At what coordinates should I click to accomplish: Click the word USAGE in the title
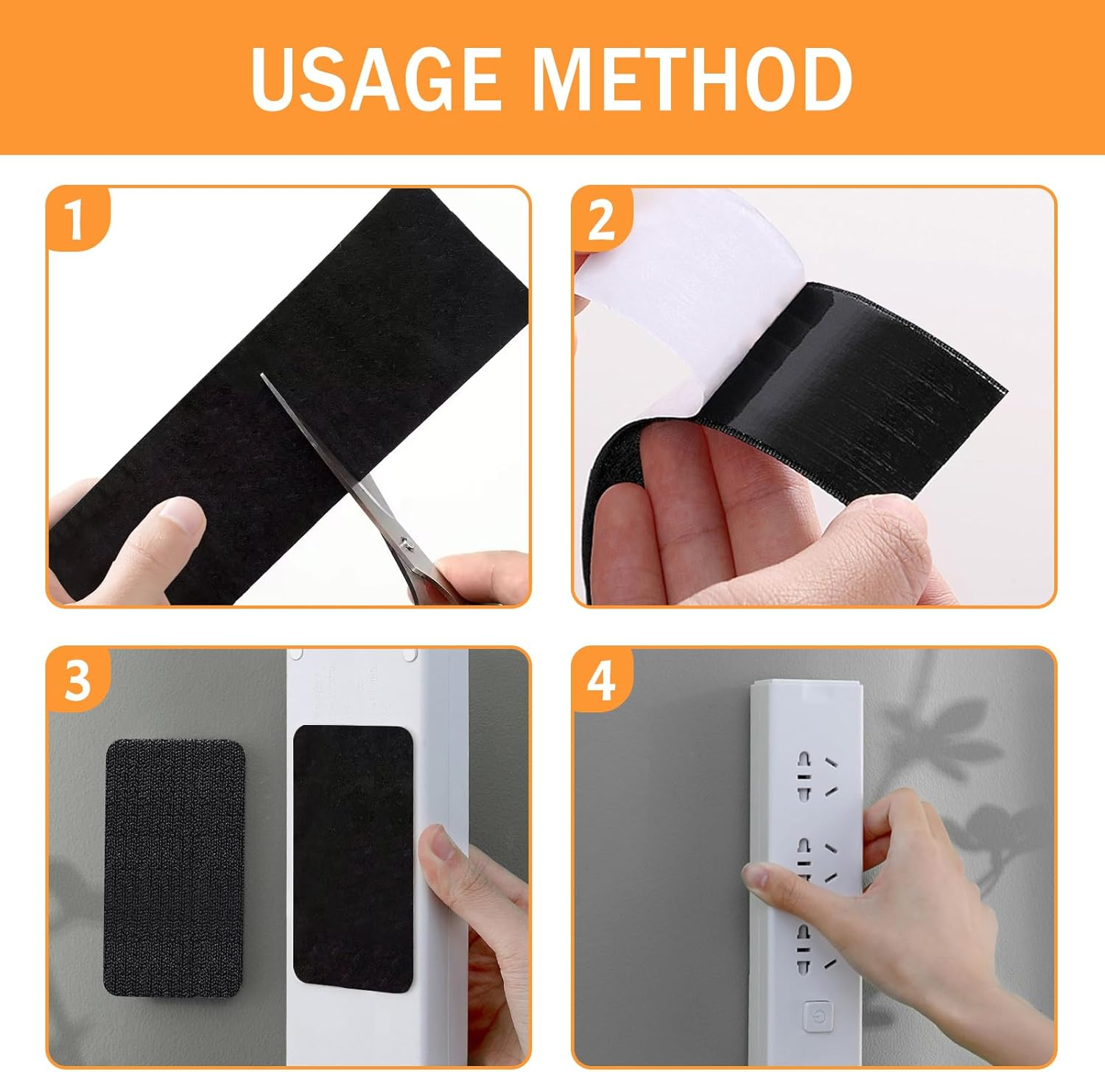click(x=375, y=78)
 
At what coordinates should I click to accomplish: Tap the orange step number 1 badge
click(x=77, y=219)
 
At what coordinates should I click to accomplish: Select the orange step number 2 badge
click(x=602, y=219)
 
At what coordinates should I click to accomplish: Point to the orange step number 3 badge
click(x=77, y=680)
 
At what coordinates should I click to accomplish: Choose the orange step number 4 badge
click(x=602, y=680)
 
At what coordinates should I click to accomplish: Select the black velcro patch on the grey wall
click(x=174, y=869)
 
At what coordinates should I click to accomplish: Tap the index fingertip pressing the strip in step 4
click(x=759, y=877)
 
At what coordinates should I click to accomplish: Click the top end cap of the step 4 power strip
click(x=805, y=693)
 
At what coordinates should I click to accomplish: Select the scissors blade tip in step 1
click(x=262, y=375)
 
